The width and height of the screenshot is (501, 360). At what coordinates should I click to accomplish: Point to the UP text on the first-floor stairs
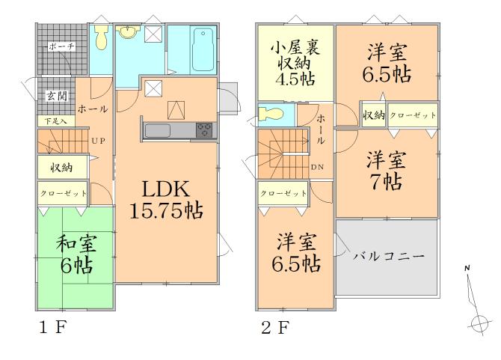coord(97,140)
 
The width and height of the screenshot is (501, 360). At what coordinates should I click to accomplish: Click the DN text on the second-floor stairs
coord(317,166)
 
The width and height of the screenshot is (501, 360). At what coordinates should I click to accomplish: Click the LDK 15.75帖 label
coord(167,199)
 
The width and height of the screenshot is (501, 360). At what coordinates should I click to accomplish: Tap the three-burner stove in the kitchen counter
coord(205,131)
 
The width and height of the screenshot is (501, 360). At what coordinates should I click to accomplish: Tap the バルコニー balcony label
coord(388,256)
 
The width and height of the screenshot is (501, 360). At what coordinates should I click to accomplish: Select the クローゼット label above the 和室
coord(63,194)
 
